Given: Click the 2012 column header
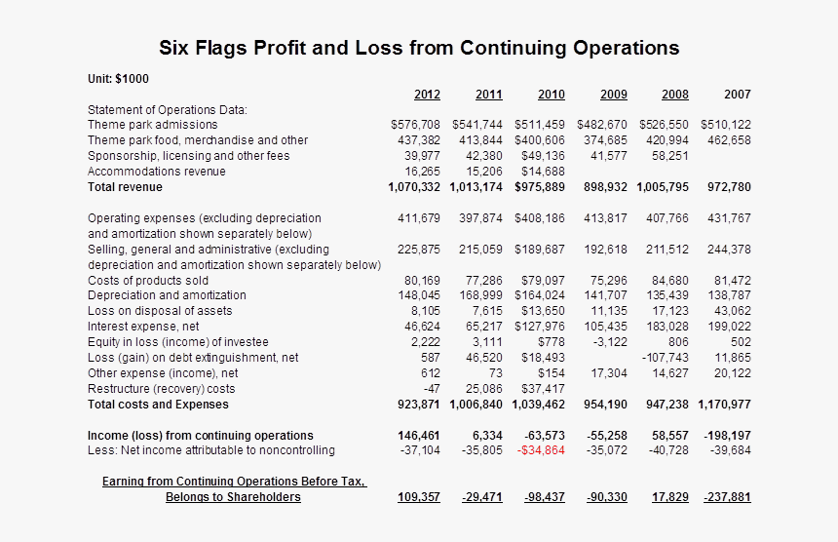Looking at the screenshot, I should tap(427, 95).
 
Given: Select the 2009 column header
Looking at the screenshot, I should tap(614, 95).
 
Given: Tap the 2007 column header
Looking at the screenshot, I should tap(738, 95).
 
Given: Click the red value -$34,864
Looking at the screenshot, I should tap(542, 450).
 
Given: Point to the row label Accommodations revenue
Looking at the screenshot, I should tap(157, 172).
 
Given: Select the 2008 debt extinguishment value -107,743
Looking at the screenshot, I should tap(665, 358).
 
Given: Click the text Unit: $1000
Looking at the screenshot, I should tap(118, 79).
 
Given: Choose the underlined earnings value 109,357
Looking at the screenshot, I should tap(419, 497).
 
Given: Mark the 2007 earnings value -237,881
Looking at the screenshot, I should tap(727, 497).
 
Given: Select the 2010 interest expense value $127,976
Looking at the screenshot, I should tap(539, 327).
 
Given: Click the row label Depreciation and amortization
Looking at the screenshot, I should tap(167, 295).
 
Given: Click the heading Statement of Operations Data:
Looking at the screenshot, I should tap(168, 109).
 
